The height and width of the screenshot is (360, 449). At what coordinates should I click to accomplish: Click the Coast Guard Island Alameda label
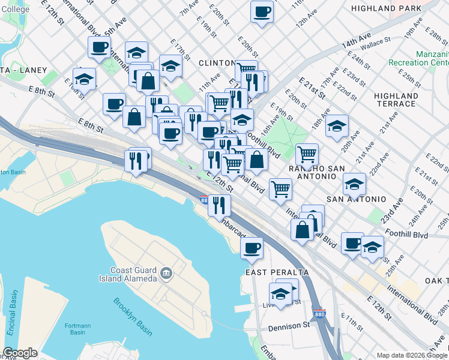(x=128, y=274)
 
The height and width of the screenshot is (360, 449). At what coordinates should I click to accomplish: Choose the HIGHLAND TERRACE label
(x=394, y=100)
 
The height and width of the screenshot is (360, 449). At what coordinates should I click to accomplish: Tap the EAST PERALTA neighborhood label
(x=277, y=272)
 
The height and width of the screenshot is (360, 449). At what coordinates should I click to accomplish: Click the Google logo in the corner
(x=20, y=353)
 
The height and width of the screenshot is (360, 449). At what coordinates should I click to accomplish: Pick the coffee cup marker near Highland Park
(x=262, y=11)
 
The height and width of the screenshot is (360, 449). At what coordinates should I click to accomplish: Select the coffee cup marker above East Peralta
(x=252, y=247)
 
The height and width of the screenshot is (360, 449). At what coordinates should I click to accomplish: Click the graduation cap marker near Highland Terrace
(x=337, y=126)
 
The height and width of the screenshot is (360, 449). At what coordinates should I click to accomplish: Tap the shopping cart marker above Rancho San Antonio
(x=307, y=154)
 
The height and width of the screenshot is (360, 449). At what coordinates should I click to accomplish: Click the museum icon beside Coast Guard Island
(x=166, y=274)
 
